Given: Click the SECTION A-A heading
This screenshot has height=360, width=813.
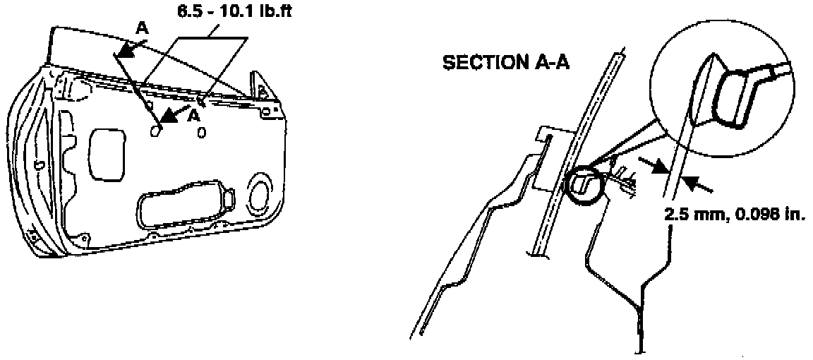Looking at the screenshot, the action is [x=506, y=63].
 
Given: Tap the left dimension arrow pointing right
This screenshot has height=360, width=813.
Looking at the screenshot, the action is [x=657, y=167].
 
